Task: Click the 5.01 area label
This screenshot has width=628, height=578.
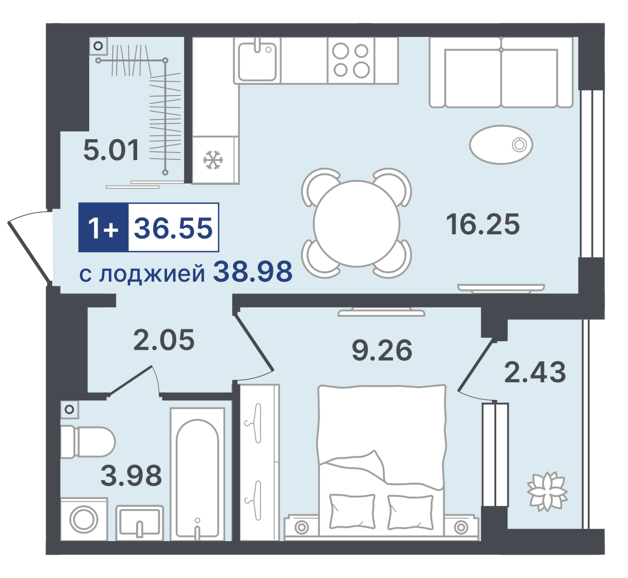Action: point(111,151)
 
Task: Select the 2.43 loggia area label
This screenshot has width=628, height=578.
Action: point(535,372)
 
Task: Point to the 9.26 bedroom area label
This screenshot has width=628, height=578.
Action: point(382,350)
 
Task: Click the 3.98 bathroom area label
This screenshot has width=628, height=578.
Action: point(131,475)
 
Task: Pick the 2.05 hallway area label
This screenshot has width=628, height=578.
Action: point(164,340)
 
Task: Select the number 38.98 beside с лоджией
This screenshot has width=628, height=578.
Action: point(252,272)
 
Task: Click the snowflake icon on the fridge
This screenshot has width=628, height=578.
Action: point(213,160)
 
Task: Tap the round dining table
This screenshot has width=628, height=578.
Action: point(357,223)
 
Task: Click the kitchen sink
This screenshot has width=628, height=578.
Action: point(257,61)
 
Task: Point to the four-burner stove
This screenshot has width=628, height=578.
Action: point(350,60)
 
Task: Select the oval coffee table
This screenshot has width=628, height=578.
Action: point(501,145)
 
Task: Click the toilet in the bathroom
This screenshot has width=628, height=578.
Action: point(88,442)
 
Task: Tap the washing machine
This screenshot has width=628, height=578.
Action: point(84,519)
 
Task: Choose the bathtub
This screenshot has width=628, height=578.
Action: point(198,474)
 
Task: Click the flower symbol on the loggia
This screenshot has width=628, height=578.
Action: point(548,492)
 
